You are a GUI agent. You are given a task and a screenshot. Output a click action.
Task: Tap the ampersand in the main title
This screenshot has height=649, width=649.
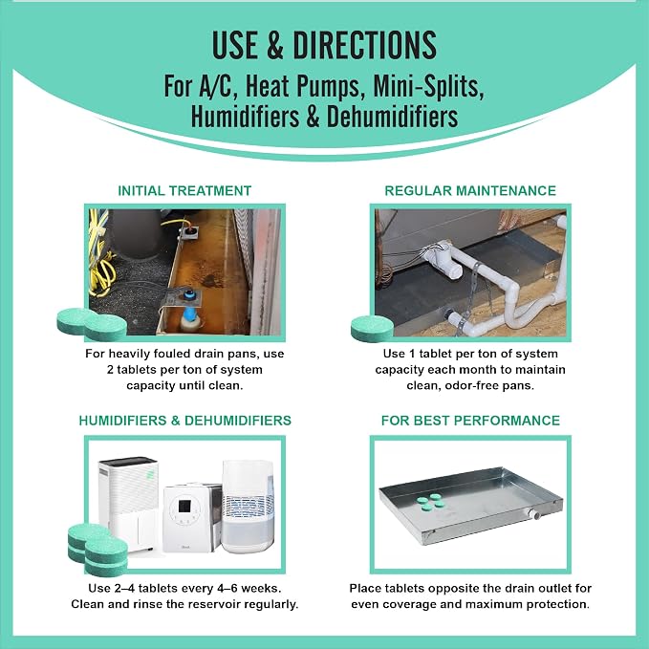point(275,45)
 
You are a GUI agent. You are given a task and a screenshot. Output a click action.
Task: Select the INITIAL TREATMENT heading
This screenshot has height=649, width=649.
point(184,191)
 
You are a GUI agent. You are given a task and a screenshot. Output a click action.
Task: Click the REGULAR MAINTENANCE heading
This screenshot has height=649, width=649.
point(470,191)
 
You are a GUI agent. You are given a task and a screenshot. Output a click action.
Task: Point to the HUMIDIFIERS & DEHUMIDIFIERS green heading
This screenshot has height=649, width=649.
point(185,421)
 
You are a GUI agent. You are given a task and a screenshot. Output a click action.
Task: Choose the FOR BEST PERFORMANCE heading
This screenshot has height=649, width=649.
point(470,421)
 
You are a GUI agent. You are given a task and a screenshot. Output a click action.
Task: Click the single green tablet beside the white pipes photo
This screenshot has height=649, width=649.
point(372,328)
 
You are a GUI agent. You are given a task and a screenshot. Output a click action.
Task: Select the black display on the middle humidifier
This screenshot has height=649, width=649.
point(184,506)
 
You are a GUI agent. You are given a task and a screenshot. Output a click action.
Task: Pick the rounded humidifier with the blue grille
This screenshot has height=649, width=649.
point(248,507)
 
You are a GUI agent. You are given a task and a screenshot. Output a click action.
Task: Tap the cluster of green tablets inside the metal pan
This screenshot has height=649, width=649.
point(431,502)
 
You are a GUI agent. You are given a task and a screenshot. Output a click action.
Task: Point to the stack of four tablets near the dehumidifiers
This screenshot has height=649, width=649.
point(97,550)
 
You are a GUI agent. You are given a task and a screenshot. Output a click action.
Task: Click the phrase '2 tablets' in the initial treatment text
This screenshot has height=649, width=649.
point(132,370)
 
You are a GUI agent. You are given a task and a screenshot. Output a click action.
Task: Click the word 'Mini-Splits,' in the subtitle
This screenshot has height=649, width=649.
point(429,86)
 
